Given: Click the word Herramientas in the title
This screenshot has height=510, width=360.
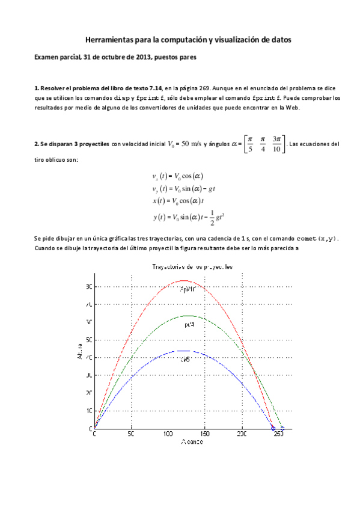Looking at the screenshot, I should (107, 39).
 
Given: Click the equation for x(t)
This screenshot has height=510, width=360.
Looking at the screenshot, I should (179, 200).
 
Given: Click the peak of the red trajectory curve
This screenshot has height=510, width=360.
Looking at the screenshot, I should (185, 281).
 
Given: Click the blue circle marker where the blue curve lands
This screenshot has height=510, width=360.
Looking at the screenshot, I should (273, 428).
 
